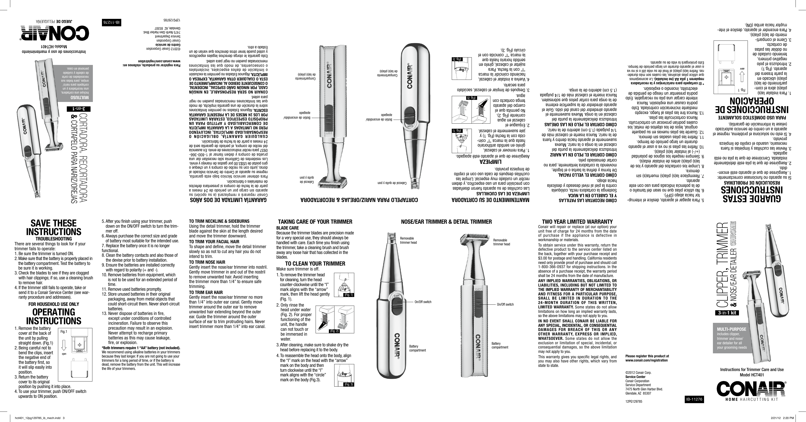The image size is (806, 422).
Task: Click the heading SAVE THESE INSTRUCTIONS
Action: tap(54, 227)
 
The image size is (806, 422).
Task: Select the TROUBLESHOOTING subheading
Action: tap(54, 239)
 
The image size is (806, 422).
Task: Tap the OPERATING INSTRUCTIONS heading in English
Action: tap(54, 316)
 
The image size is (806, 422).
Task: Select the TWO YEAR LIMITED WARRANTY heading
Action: tap(577, 222)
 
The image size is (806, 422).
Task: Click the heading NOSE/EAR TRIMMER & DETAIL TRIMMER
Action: tap(446, 222)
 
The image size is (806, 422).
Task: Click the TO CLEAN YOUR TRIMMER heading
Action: tap(315, 263)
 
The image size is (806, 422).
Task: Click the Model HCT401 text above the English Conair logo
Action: tap(752, 375)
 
